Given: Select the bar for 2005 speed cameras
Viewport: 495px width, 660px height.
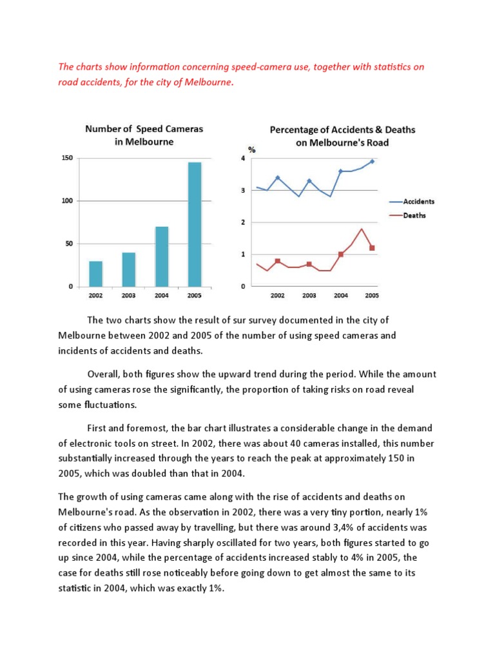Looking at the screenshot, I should [194, 224].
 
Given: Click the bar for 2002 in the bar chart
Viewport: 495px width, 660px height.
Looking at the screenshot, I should [95, 273].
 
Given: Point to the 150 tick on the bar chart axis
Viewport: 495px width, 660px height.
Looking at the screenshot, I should [66, 159].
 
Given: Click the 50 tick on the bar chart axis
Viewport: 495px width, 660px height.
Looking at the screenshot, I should [68, 244].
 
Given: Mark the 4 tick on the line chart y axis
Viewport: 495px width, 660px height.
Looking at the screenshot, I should [243, 159].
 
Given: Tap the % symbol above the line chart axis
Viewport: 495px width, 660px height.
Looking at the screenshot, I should [252, 150].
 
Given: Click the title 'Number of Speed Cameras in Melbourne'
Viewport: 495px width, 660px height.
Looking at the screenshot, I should [144, 135].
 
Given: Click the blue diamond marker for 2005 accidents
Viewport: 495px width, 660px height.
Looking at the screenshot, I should [372, 162].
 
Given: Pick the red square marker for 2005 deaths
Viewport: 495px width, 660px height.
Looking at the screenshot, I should [372, 248].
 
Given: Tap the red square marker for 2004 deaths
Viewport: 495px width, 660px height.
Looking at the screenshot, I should [341, 255].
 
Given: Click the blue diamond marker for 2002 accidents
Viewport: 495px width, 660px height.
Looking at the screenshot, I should [278, 177].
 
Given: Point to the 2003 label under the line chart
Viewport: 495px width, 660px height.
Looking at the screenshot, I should [309, 295].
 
